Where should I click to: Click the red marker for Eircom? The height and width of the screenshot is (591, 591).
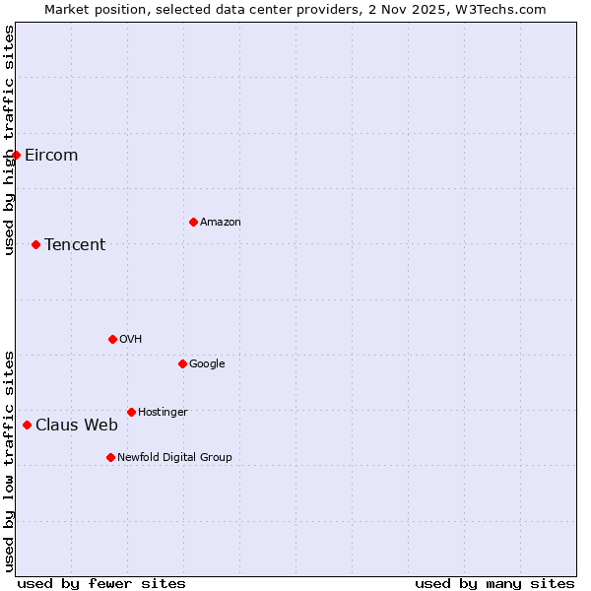point(16,155)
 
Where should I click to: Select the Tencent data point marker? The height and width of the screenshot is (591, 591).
point(35,244)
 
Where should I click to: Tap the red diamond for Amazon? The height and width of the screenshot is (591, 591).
point(193,222)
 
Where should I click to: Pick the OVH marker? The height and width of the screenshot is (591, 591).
point(112,339)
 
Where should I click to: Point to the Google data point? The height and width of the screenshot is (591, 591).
point(182,363)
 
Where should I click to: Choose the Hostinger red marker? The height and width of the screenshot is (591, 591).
point(131,412)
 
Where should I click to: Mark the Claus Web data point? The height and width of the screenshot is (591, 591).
point(27,426)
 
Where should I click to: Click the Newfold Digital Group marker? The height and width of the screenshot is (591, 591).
point(110,457)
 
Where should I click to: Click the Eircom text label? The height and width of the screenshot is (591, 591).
point(51,155)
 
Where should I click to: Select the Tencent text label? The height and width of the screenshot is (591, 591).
point(75,244)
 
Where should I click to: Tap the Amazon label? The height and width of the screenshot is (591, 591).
point(221,222)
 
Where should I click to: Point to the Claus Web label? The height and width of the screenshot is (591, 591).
point(77,426)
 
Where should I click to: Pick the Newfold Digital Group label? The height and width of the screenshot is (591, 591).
point(174,457)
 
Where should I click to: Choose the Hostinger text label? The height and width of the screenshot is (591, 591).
point(163,412)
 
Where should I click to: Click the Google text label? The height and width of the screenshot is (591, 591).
point(207,363)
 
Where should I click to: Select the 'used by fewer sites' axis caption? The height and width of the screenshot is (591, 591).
point(101,583)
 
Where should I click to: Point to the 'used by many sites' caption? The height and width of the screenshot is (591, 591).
point(494,583)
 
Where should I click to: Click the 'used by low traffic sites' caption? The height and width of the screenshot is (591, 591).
point(9,460)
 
